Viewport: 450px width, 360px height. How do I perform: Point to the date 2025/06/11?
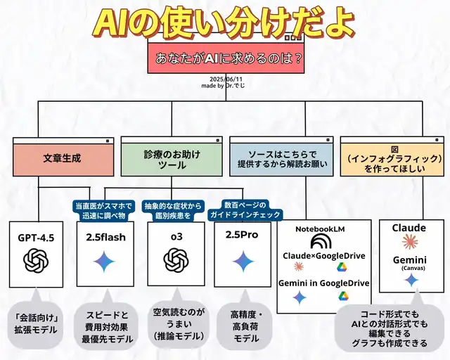225,79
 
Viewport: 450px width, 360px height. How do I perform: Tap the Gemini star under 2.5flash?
104,262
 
